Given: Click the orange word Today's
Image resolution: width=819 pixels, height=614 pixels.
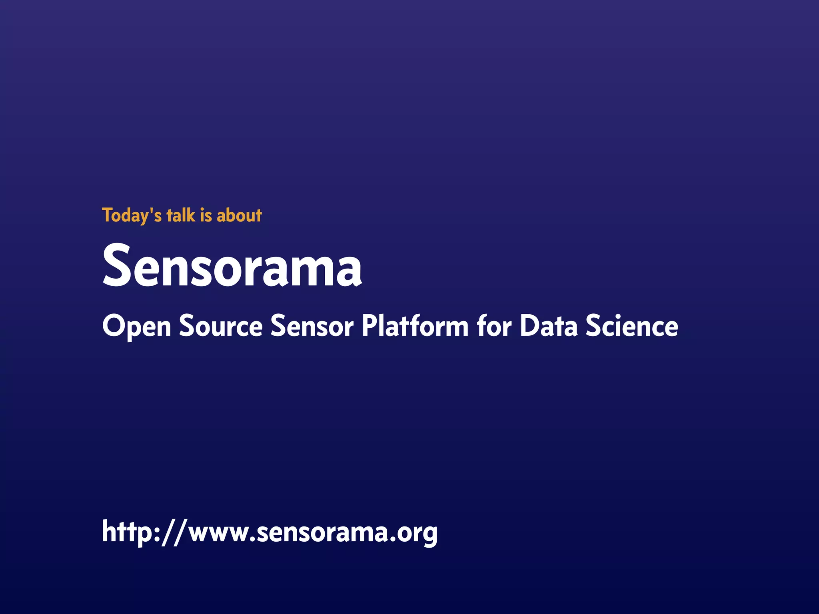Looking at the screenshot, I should [132, 215].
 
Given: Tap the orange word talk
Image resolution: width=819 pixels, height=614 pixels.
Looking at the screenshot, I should [181, 215].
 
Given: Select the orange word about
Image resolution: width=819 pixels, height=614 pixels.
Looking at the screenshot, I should [239, 215].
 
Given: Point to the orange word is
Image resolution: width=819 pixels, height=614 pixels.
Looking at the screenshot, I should [206, 215].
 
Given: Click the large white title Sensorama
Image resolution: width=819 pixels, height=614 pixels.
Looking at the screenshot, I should [232, 266].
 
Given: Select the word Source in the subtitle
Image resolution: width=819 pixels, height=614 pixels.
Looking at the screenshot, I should [221, 326].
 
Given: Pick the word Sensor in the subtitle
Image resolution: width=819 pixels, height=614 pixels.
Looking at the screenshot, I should [312, 326].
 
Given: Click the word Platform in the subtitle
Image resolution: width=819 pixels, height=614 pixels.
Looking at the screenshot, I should [415, 326].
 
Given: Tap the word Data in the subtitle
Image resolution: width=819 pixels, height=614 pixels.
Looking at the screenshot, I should [549, 326].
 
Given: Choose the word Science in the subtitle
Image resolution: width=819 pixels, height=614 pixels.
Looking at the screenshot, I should [632, 326].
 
